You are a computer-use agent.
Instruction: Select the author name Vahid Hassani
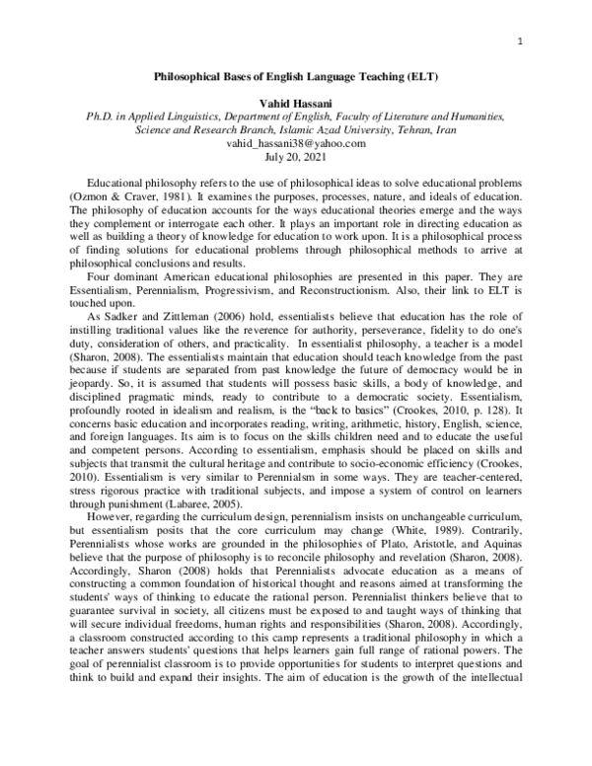[295, 102]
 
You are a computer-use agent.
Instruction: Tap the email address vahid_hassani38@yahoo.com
[295, 142]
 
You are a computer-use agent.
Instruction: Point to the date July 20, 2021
[295, 156]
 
